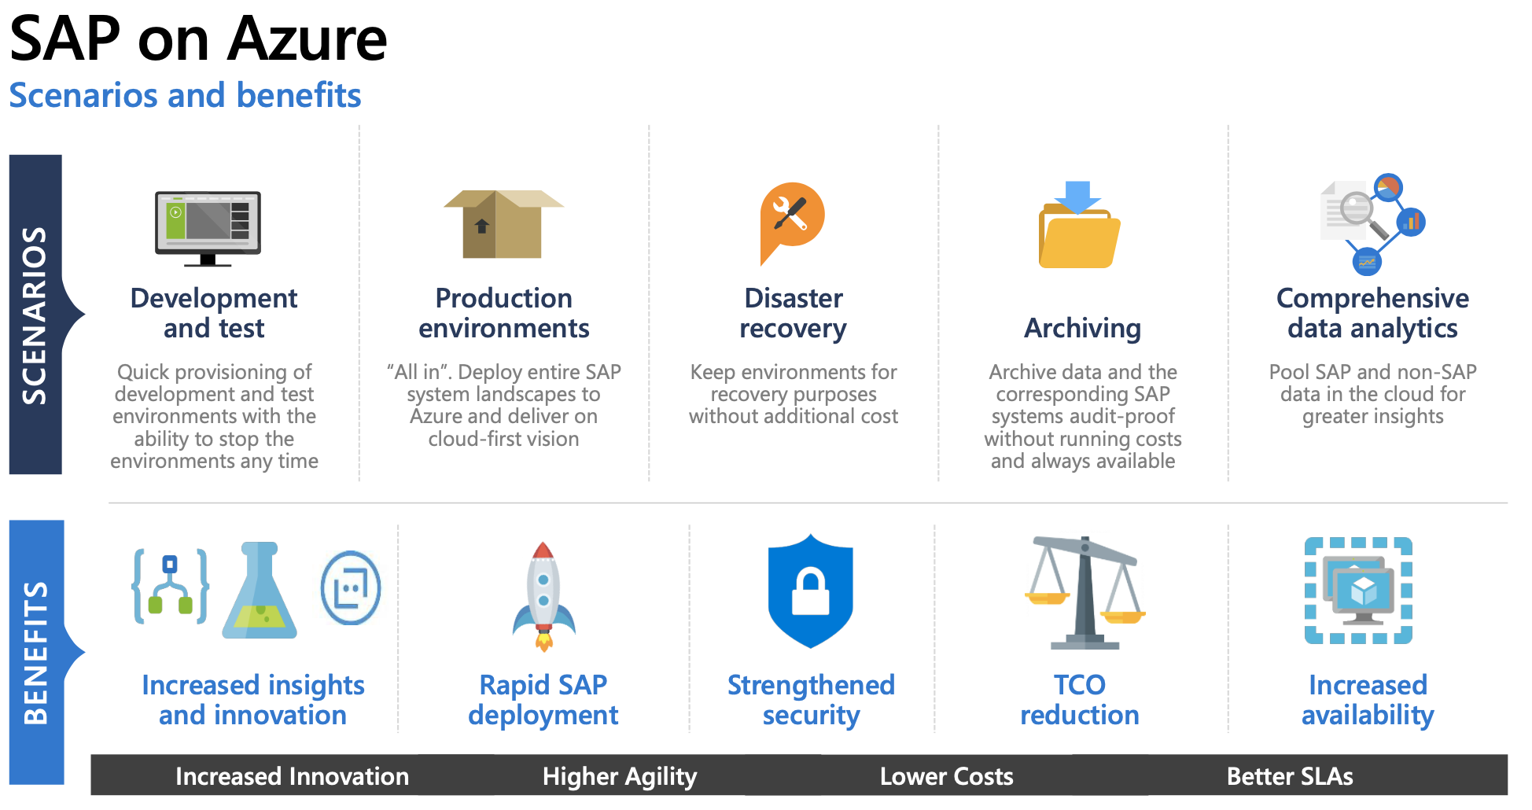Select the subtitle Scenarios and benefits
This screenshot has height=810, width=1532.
point(185,95)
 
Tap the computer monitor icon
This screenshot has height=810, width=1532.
point(208,228)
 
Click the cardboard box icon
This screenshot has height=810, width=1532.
point(503,224)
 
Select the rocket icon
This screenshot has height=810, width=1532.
point(543,595)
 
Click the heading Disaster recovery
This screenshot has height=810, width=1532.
point(794,313)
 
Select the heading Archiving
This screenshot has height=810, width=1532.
point(1082,328)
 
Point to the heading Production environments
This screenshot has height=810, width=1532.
point(504,313)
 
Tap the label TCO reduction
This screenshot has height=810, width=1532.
point(1080,700)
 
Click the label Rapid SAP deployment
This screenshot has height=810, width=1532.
point(543,700)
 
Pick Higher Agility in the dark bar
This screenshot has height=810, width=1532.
point(620,777)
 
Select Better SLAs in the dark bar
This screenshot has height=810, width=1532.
point(1290,777)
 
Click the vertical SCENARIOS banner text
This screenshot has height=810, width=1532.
point(35,315)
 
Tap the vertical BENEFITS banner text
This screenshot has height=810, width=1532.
point(36,653)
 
